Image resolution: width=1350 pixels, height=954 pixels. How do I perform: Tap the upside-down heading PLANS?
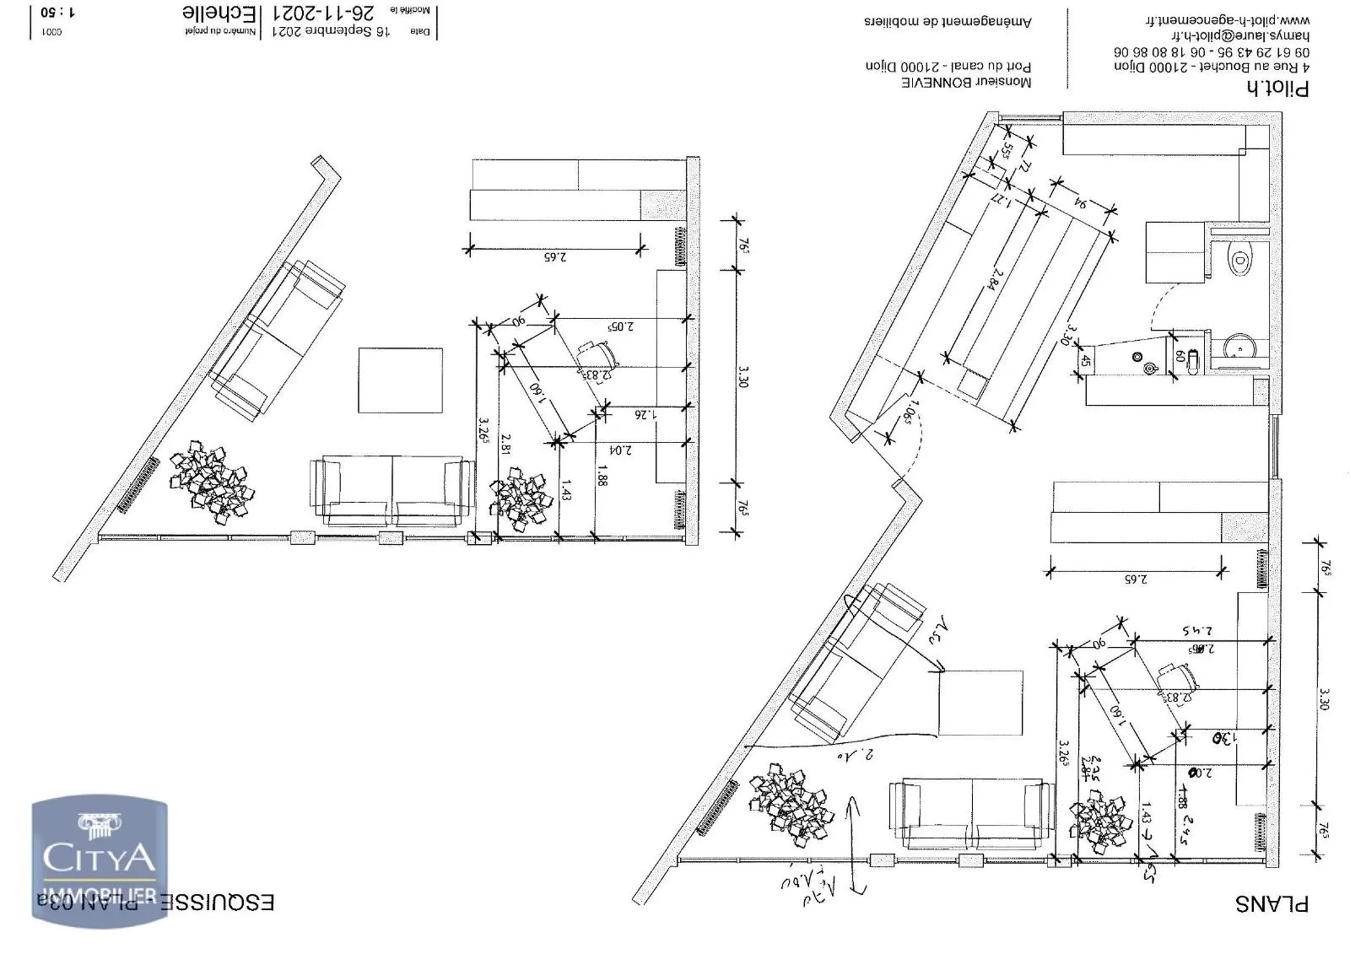(1272, 903)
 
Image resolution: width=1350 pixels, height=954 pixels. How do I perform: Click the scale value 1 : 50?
(57, 13)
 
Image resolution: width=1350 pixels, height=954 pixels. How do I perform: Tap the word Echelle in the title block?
(219, 13)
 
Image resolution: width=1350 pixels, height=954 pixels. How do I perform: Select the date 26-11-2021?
(323, 13)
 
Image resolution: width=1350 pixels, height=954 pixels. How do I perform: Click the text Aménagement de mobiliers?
(947, 21)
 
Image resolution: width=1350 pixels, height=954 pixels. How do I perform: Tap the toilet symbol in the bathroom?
(1238, 260)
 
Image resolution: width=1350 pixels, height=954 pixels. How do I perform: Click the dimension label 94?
(1079, 204)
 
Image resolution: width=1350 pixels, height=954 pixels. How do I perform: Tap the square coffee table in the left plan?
(400, 380)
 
